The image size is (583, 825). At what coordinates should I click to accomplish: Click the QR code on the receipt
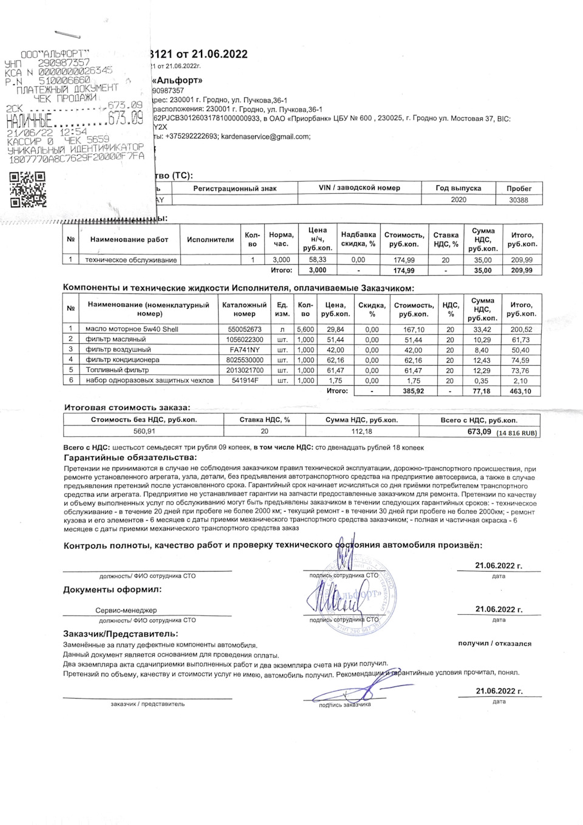[x=29, y=190]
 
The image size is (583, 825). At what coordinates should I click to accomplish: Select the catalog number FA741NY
[x=244, y=350]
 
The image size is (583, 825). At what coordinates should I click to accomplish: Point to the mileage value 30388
[x=518, y=200]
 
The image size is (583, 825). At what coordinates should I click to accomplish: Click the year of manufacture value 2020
[x=459, y=200]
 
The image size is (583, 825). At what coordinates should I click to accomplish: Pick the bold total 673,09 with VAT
[x=479, y=432]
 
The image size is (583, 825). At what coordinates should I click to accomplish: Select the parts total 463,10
[x=521, y=391]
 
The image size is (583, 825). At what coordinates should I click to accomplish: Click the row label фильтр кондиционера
[x=122, y=360]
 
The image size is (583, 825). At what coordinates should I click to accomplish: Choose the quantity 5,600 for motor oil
[x=305, y=329]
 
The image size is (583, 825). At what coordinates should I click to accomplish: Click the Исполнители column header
[x=210, y=239]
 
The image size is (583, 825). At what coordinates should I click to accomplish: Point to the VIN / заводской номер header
[x=360, y=188]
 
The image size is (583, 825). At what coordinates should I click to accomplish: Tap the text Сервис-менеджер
[x=126, y=610]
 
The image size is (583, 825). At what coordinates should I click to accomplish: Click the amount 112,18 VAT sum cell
[x=361, y=431]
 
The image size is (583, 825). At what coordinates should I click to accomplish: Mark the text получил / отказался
[x=494, y=643]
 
